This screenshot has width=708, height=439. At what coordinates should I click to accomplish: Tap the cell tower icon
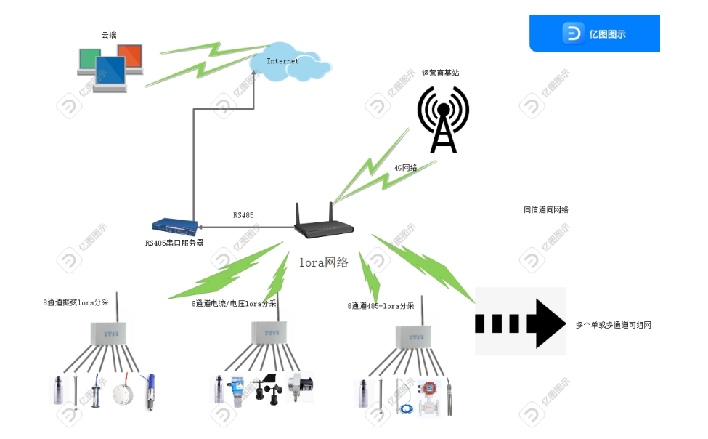point(443,120)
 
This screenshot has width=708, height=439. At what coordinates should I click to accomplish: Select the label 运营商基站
point(441,73)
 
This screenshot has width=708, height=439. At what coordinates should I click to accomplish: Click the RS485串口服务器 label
point(174,243)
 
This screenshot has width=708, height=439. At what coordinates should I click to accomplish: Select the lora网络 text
point(324,262)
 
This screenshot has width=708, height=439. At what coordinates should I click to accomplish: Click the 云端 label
point(109,34)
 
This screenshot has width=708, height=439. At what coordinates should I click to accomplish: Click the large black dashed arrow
point(520,322)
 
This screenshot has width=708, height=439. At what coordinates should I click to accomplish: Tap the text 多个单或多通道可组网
point(614,325)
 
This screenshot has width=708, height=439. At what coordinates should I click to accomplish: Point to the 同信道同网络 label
point(546,209)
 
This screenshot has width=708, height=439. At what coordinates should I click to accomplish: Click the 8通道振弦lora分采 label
point(76,302)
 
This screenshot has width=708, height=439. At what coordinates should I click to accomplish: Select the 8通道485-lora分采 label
point(381,306)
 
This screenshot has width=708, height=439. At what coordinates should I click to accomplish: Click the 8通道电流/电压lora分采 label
point(234,303)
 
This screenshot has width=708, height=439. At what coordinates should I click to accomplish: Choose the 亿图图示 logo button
point(594,33)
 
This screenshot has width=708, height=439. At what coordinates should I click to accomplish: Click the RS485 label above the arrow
point(243,215)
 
